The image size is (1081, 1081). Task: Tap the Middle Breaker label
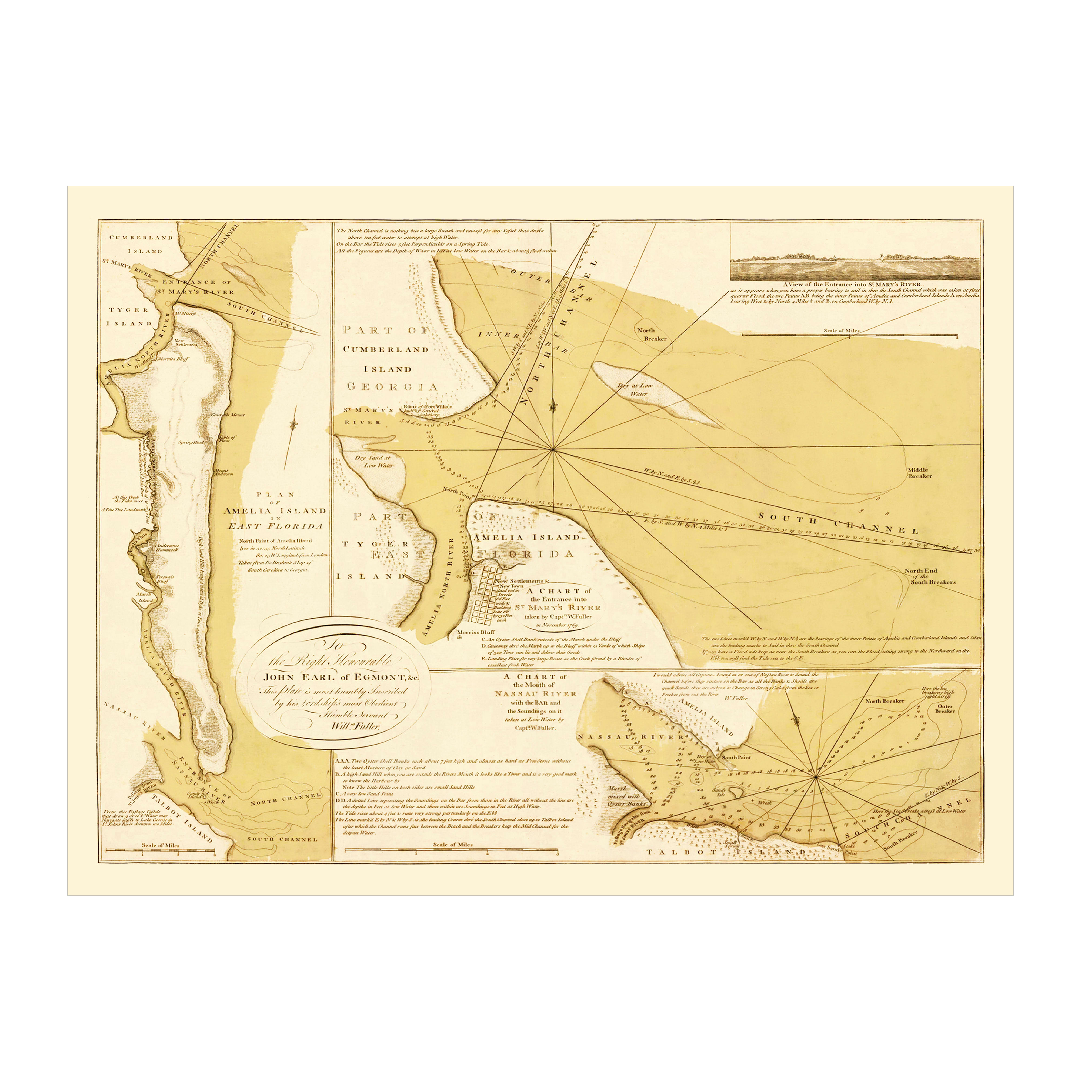919,473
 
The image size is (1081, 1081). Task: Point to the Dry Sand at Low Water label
374,461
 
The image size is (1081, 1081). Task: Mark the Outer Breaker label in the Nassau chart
945,708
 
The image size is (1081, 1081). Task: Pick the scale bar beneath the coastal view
849,335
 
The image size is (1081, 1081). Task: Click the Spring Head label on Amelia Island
191,442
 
